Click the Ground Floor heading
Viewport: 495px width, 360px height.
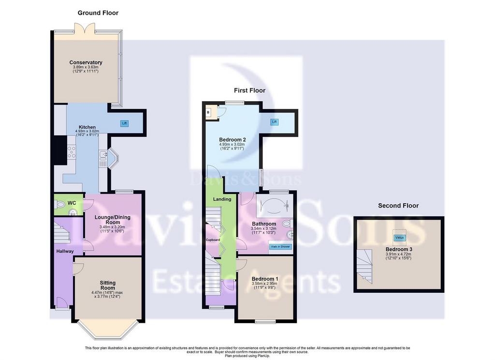[98, 13]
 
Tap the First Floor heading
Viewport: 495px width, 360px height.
[249, 90]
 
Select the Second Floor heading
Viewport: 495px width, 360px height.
[398, 206]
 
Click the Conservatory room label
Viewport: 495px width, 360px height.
[86, 62]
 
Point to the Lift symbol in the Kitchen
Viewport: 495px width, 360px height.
[125, 123]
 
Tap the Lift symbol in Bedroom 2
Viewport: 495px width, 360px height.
[275, 121]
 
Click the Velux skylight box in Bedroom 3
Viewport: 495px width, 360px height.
[399, 238]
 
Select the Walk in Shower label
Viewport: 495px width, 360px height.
[280, 246]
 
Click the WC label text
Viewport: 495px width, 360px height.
[72, 203]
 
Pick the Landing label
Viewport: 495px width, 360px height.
[222, 199]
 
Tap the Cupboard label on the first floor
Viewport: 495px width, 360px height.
[213, 240]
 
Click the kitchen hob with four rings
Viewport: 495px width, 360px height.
[72, 151]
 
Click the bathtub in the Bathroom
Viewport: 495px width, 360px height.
[275, 205]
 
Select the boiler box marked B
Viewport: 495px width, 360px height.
[209, 113]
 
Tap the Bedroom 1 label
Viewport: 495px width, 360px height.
[265, 279]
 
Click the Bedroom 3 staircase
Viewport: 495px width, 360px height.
[364, 266]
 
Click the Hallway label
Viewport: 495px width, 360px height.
[65, 251]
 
